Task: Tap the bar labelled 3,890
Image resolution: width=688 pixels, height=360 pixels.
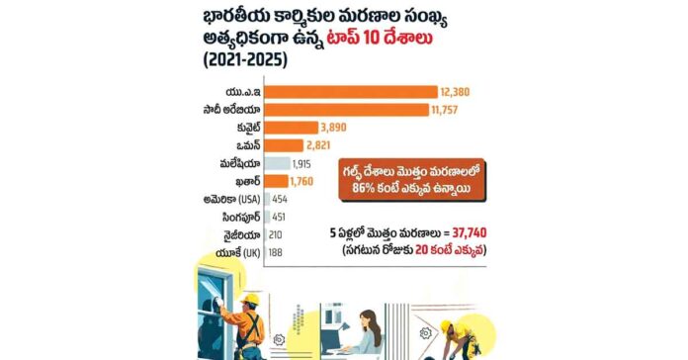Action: click(x=292, y=128)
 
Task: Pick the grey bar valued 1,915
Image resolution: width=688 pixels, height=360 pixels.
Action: click(x=278, y=163)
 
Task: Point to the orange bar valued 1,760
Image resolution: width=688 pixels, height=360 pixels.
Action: click(x=277, y=181)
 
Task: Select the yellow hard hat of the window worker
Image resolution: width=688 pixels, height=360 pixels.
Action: click(x=250, y=300)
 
